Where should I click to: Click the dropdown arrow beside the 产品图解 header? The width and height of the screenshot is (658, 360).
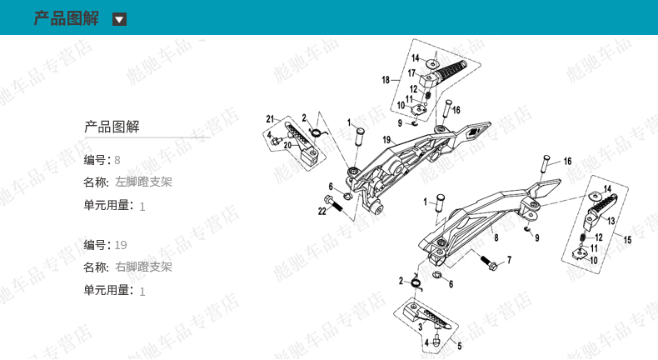coord(120,19)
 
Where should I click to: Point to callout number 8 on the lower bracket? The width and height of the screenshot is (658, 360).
coord(496,237)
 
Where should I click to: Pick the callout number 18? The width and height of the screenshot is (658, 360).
coord(386,80)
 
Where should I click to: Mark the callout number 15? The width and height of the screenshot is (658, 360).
coord(627,240)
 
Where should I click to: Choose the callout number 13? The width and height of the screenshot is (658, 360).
coord(611,222)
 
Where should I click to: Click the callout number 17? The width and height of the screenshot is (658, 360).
coord(411,73)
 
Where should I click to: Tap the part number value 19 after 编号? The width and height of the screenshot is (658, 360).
coord(121,245)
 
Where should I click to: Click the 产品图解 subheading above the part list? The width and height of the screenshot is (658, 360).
coord(112,127)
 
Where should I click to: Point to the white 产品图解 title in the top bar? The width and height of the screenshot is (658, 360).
coord(66,18)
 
